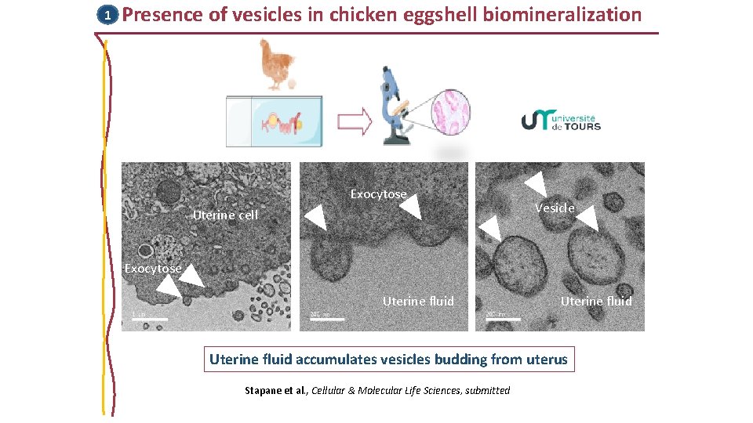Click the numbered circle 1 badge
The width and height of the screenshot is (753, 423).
coord(107,15)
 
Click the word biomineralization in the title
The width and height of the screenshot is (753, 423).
coord(564,14)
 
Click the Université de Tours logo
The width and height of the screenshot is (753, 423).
coord(561,119)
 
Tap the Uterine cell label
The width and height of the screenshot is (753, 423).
coord(225,215)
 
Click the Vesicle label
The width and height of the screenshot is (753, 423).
coord(555,208)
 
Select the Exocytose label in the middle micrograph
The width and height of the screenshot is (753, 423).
coord(378,193)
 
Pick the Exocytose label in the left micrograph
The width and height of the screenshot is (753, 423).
coord(153,268)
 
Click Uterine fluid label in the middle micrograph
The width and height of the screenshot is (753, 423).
coord(418,301)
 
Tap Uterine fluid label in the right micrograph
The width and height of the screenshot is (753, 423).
coord(596,301)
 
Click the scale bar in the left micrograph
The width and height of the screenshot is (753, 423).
coord(149,319)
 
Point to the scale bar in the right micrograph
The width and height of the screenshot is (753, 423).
coord(503,319)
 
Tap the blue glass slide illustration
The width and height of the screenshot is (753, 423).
coord(274,121)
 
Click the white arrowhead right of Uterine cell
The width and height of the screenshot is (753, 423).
coord(315,217)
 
